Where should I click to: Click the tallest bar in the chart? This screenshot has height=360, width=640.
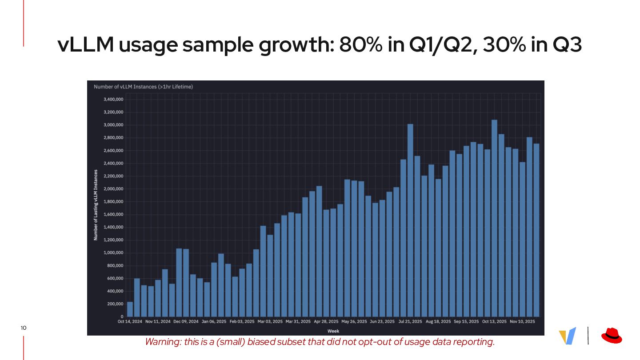[494, 218]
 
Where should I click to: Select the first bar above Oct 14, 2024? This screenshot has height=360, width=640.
[130, 309]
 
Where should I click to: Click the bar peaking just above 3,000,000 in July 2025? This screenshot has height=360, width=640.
[410, 220]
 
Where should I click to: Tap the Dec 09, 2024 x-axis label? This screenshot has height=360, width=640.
[186, 321]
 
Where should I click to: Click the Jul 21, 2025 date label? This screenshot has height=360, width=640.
[410, 321]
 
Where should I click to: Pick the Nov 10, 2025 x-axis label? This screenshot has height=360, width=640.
[522, 321]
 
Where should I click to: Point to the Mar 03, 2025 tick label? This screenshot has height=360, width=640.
[270, 321]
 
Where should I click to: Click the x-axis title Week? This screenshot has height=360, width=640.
[333, 331]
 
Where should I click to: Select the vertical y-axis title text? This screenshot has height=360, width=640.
[95, 205]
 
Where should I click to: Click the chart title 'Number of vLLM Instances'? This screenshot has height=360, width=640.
[143, 87]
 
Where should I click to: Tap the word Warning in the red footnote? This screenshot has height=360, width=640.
[160, 342]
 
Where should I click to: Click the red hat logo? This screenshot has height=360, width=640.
[612, 336]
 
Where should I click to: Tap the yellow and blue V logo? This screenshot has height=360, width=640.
[568, 336]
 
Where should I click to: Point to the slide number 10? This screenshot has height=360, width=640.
[24, 328]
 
